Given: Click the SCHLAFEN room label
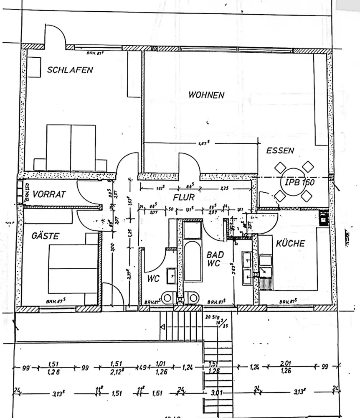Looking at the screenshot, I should click(70, 70).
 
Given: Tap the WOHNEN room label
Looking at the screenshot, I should click(206, 94).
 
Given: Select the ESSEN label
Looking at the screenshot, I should click(280, 150).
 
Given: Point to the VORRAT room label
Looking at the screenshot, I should click(49, 194).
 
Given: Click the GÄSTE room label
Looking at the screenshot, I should click(45, 236).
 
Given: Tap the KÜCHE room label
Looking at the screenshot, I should click(290, 243).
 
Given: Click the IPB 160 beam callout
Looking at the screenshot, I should click(300, 183).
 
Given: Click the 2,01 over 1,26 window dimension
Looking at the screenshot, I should click(286, 367).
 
